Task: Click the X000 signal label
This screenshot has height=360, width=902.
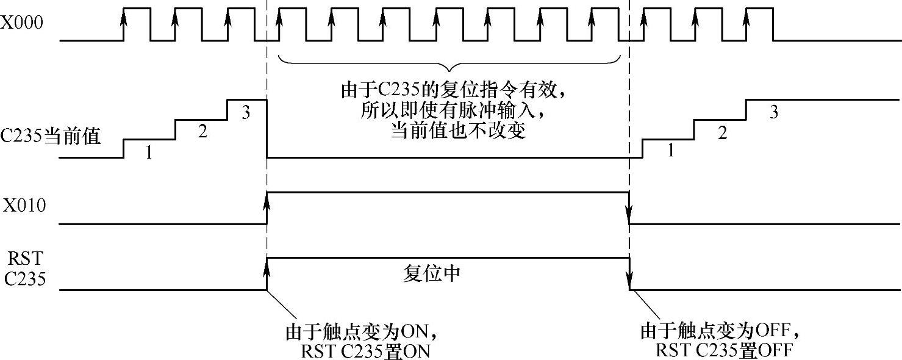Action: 21,25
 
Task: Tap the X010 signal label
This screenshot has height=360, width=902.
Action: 24,206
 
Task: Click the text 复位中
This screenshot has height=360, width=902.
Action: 432,273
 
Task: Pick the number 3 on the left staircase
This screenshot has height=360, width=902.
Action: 246,113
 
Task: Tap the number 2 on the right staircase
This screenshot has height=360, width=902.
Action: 723,133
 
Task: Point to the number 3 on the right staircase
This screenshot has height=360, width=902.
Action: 774,113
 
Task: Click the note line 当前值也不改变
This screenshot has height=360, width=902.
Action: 457,131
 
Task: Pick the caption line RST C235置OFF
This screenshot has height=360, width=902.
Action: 724,351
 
